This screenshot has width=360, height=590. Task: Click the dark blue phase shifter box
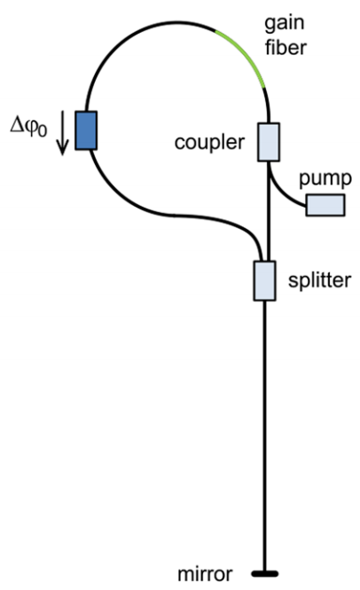[86, 130]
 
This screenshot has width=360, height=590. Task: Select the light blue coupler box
[269, 142]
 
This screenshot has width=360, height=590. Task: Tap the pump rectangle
[325, 205]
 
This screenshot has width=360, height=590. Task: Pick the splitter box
[265, 280]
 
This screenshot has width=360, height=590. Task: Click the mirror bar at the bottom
[265, 574]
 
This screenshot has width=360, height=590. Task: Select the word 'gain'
[285, 24]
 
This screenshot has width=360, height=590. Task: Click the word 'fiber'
[286, 48]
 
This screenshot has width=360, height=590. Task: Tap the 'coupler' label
[209, 143]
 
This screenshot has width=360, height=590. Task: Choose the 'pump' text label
[325, 179]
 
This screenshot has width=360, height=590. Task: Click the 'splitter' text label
[320, 280]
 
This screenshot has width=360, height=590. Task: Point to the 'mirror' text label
[205, 574]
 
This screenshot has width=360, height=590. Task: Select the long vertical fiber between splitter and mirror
[265, 436]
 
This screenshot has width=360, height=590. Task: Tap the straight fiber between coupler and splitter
[269, 211]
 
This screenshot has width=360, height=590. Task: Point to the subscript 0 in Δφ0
[43, 131]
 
